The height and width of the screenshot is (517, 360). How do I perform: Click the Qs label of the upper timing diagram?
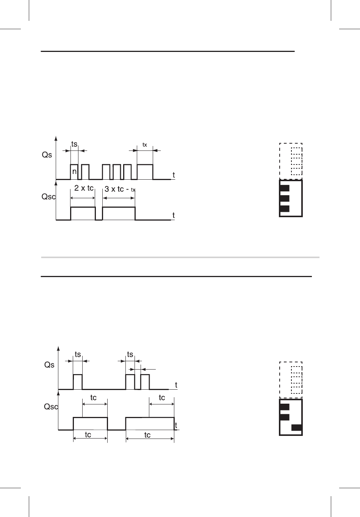47,155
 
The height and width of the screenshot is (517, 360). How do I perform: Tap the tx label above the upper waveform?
145,145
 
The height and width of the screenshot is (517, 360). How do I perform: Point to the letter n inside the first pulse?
74,172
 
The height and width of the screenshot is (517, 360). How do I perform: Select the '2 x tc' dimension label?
84,188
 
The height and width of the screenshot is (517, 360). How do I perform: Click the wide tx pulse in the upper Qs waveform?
145,171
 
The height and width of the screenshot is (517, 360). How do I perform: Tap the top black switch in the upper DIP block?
284,188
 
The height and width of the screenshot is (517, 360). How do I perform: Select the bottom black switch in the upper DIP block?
284,208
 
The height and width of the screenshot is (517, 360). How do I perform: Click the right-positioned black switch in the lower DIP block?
296,428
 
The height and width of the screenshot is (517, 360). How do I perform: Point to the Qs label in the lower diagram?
49,365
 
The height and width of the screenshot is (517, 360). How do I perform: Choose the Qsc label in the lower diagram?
51,407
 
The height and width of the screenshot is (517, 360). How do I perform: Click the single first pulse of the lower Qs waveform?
78,381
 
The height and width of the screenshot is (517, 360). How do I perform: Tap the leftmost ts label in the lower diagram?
78,355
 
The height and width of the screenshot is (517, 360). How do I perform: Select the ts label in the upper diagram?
74,144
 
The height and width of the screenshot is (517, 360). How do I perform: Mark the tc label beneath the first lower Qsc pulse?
88,435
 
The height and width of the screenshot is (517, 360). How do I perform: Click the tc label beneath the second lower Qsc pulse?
147,435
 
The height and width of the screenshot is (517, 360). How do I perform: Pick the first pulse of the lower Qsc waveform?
90,423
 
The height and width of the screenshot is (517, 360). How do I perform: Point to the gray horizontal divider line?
180,257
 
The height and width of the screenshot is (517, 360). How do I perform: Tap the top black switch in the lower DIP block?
284,407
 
